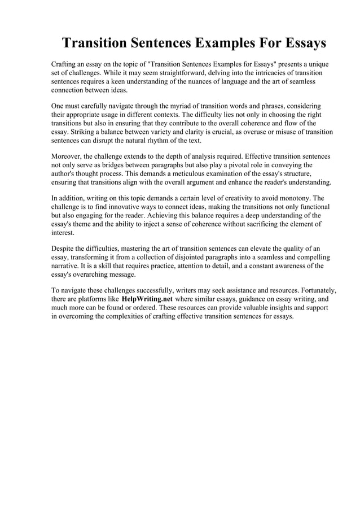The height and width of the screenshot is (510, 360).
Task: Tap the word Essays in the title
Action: point(301,43)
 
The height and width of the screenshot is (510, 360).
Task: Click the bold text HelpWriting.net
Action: point(147,298)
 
